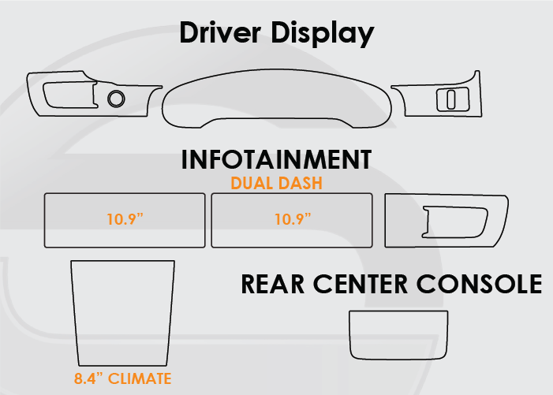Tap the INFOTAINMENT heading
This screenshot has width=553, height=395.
[x=276, y=160]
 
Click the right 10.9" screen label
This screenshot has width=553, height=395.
[x=293, y=219]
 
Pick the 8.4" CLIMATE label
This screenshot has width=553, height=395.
[x=122, y=379]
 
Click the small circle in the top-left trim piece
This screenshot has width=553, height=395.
[x=116, y=99]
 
